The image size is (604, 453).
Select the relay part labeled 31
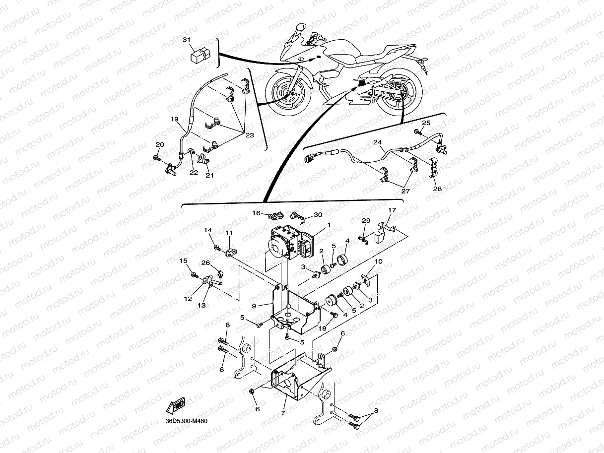pos(201,55)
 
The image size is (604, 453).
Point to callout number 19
pos(174,119)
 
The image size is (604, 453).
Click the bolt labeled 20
pos(157,158)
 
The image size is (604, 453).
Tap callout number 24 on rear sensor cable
pos(378,142)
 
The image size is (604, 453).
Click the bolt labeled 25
pos(417,132)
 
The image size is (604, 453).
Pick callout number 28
pos(437,189)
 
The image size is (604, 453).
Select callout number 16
pos(256,213)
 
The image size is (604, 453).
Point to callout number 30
pos(318,215)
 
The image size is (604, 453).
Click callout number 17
pos(392,210)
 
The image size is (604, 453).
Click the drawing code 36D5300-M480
pos(186,421)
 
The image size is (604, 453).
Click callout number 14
pos(207,230)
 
